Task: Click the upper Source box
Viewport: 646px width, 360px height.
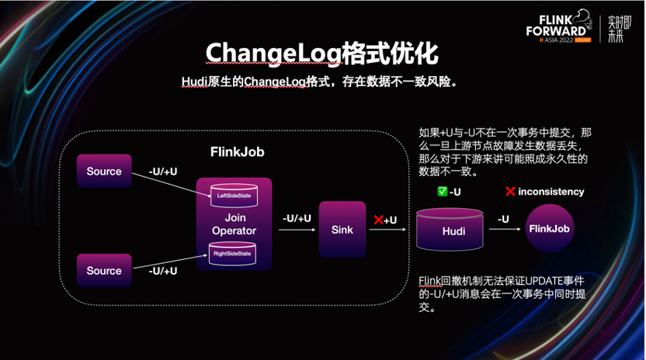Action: pyautogui.click(x=104, y=171)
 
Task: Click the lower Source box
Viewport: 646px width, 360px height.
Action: pyautogui.click(x=104, y=270)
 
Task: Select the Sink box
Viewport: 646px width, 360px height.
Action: pyautogui.click(x=342, y=230)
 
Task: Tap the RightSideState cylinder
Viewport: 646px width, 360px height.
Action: pyautogui.click(x=234, y=252)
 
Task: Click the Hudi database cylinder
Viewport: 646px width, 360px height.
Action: pyautogui.click(x=453, y=230)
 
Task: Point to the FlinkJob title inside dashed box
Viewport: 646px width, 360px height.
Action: pyautogui.click(x=237, y=152)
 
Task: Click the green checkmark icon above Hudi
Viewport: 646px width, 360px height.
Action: pyautogui.click(x=442, y=192)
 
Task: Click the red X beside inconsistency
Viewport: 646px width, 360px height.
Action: pyautogui.click(x=510, y=192)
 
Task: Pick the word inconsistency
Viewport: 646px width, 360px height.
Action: pyautogui.click(x=551, y=192)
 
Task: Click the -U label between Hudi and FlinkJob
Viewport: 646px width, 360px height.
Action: pyautogui.click(x=502, y=220)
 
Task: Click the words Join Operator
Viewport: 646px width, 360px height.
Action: pyautogui.click(x=234, y=225)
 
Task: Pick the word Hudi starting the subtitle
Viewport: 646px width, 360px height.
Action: pyautogui.click(x=196, y=81)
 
